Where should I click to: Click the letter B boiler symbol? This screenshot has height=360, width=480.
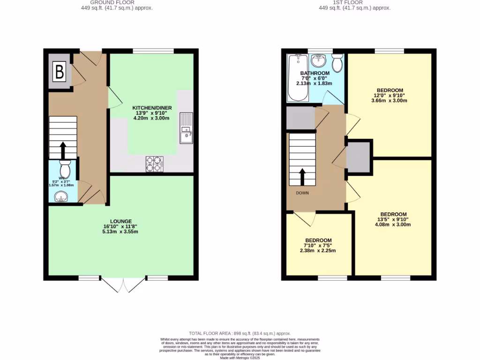click(60, 72)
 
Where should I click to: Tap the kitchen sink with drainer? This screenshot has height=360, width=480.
click(186, 128)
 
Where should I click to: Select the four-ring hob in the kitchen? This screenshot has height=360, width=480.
click(154, 164)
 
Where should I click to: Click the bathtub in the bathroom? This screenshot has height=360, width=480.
click(297, 77)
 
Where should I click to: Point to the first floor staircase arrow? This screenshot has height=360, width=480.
click(302, 178)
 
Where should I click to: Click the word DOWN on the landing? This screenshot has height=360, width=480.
click(302, 193)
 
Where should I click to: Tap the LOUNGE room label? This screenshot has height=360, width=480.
click(121, 221)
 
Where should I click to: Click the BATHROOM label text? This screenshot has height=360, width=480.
click(315, 73)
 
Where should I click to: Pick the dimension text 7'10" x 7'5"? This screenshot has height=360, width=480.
click(318, 245)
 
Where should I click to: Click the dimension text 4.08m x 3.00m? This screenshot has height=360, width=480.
click(393, 224)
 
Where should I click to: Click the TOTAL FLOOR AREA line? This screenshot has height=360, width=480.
click(240, 332)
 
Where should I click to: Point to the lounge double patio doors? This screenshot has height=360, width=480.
click(123, 285)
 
